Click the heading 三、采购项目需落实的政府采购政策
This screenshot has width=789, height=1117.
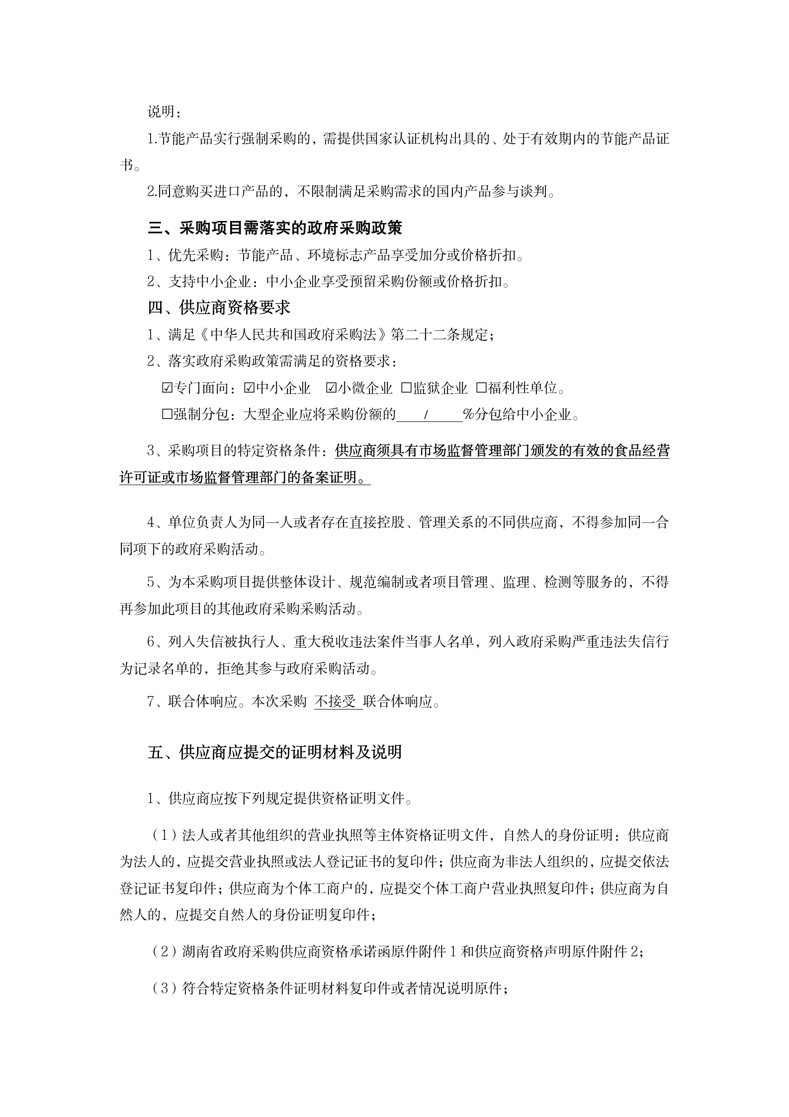point(274,228)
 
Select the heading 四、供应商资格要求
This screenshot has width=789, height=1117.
point(219,307)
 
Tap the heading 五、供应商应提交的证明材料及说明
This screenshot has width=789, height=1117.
point(274,752)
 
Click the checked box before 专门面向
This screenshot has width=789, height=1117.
point(167,388)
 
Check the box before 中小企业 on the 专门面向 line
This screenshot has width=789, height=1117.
point(249,388)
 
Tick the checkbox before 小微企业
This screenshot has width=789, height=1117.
point(331,388)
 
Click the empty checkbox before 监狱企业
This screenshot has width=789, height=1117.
point(406,388)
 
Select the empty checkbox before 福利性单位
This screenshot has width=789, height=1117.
point(481,388)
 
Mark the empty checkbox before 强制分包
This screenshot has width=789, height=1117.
point(167,414)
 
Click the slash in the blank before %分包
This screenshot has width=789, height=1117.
point(426,414)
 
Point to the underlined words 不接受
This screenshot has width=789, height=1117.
point(336,702)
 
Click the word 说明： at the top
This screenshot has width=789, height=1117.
point(164,112)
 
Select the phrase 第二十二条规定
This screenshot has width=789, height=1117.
point(440,334)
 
